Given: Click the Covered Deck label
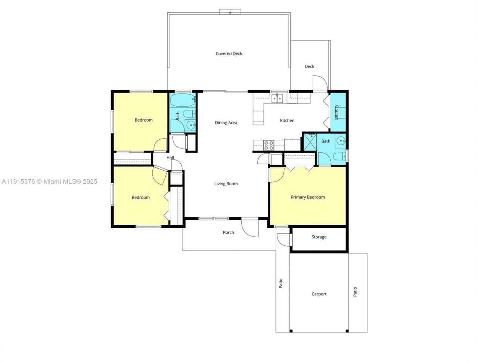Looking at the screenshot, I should [229, 54].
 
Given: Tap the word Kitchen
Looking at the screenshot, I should [287, 121].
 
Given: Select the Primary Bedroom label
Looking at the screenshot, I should [308, 197].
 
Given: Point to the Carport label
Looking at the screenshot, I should [319, 294].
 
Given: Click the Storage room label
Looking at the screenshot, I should [319, 237].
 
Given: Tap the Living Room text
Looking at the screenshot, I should [226, 184].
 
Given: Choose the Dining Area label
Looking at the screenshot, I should [226, 123].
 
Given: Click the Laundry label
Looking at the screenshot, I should [336, 112].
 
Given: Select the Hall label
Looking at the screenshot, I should [170, 158].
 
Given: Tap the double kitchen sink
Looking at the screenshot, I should [277, 99].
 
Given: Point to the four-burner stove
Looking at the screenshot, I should [269, 145].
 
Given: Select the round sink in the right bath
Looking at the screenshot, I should [341, 141].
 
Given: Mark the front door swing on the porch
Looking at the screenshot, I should [249, 227].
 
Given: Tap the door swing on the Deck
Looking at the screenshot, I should [320, 83].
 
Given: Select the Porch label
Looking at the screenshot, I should [229, 233].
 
